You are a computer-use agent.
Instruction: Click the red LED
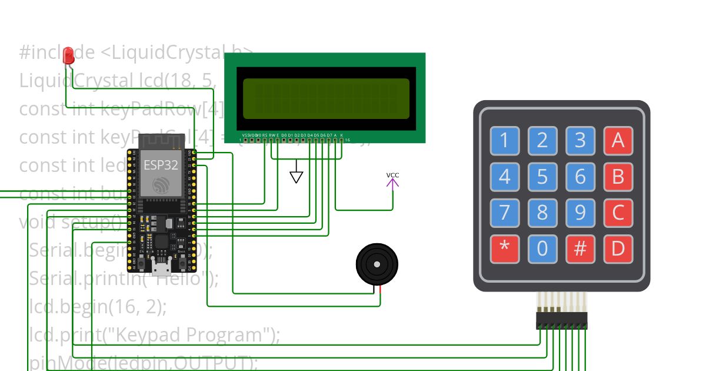pos(69,55)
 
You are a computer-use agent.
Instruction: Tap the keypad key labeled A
pos(618,141)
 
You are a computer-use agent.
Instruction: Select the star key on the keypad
pos(504,249)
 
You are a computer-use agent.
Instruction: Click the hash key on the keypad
pos(580,249)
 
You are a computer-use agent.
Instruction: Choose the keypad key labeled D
pos(618,249)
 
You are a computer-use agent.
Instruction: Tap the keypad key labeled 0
pos(542,249)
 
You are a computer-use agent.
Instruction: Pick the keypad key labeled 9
pos(580,213)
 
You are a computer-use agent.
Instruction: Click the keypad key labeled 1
pos(504,141)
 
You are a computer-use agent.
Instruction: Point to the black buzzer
pos(377,266)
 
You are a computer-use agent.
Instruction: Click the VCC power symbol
pos(392,180)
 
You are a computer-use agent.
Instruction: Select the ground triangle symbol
pos(297,177)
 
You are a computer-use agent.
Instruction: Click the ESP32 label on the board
pos(161,165)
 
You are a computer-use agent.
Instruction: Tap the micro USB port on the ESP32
pos(160,270)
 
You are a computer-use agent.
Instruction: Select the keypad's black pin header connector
pos(561,320)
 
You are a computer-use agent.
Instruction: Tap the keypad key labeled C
pos(618,213)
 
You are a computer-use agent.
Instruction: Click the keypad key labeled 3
pos(580,141)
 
